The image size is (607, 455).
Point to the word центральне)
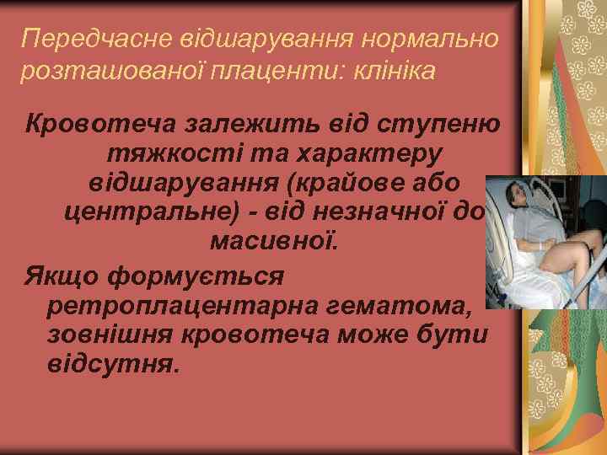(x=152, y=212)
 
